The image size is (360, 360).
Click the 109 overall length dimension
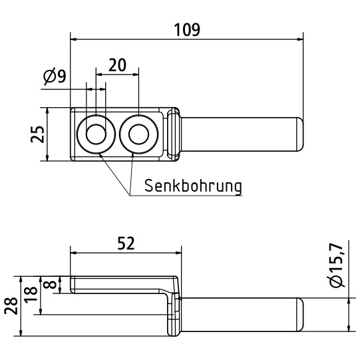[186, 30]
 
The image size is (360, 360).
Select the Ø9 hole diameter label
[55, 77]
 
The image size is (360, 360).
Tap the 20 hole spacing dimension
[117, 65]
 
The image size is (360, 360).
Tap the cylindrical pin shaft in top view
[240, 134]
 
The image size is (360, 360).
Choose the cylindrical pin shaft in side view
[240, 315]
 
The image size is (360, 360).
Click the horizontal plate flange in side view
[120, 285]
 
